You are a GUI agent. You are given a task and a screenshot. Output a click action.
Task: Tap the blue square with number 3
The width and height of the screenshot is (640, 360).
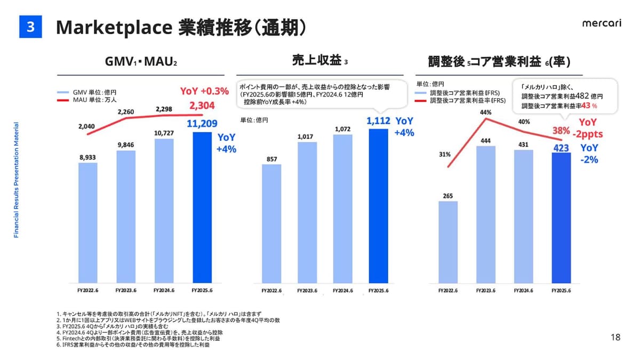30,27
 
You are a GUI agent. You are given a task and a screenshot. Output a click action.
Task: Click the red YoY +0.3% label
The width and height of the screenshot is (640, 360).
204,91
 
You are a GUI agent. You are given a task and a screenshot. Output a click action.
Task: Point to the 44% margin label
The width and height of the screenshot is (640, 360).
485,113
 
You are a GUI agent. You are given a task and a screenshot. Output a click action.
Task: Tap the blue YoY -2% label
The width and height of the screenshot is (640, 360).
589,153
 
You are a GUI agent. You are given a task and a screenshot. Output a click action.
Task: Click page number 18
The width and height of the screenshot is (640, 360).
615,337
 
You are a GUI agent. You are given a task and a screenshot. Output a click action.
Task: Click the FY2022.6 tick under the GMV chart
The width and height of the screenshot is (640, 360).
87,291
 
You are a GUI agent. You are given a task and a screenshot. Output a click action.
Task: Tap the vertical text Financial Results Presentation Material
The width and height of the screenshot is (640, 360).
17,180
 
